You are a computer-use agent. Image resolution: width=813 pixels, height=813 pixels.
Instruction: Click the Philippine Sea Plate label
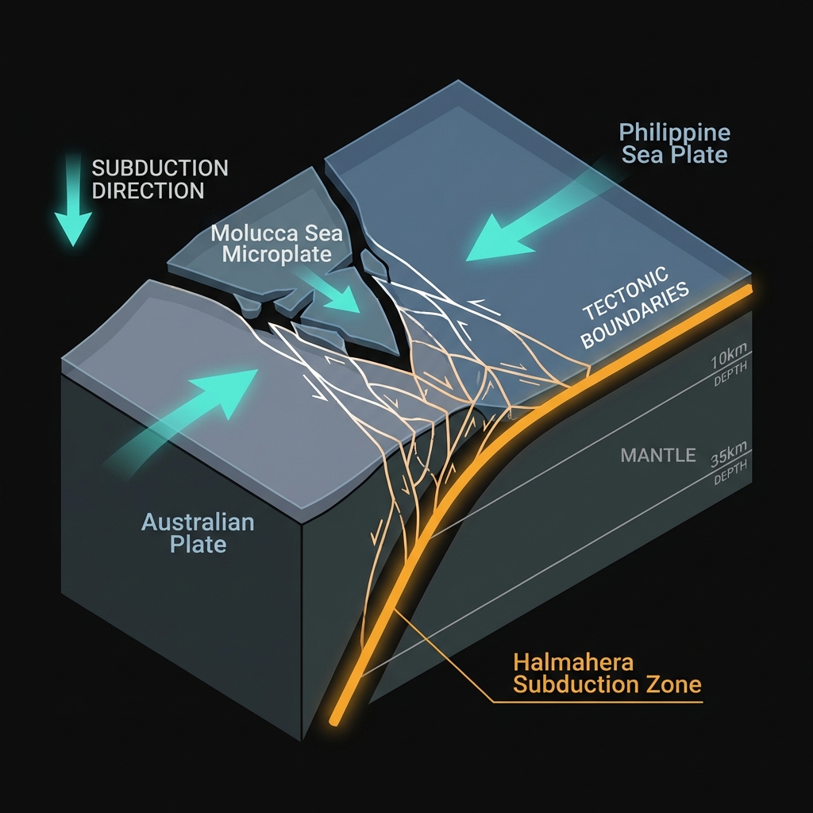(x=675, y=143)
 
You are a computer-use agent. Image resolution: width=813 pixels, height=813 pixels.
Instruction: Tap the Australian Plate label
(x=197, y=534)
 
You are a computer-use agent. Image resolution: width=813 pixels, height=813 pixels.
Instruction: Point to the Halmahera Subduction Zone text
(x=607, y=672)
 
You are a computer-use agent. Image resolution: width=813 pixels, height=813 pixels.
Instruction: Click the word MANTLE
(x=658, y=456)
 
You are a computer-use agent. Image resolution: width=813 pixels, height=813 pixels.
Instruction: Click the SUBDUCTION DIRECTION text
(x=160, y=179)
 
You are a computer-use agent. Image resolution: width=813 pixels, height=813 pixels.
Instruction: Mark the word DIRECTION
(x=148, y=191)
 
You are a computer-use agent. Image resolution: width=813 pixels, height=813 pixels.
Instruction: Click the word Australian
(x=198, y=522)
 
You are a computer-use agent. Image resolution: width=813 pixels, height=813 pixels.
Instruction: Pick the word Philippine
(x=675, y=132)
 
